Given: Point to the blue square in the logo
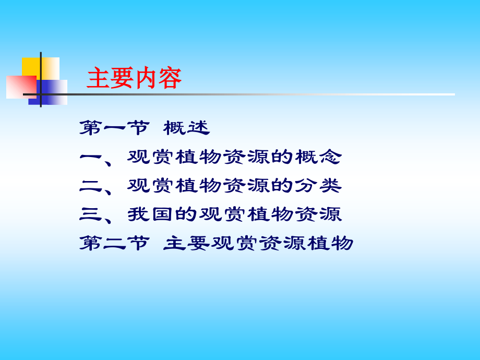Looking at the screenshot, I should pos(54,92).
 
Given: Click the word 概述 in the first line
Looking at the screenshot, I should pos(186,128).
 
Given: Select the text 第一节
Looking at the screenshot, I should pos(114,128).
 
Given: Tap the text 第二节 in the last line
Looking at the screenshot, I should pos(114,243).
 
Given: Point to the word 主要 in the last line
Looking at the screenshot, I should pos(187,243).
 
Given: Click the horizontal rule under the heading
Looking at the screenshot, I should pos(261,94).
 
